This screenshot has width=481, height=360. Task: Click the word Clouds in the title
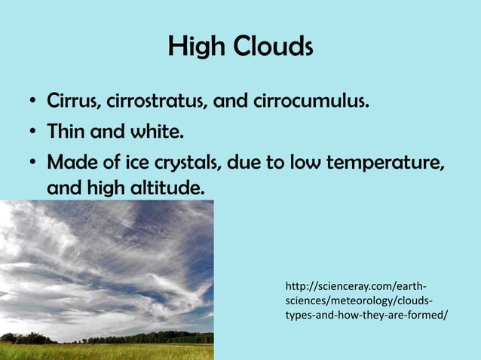[273, 48]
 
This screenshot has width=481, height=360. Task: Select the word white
[156, 134]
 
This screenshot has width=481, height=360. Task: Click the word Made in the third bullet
[70, 163]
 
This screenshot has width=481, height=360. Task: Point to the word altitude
[168, 186]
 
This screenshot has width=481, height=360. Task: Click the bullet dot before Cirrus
[32, 102]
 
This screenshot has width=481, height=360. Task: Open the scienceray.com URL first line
[355, 286]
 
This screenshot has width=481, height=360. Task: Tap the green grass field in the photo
[106, 352]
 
